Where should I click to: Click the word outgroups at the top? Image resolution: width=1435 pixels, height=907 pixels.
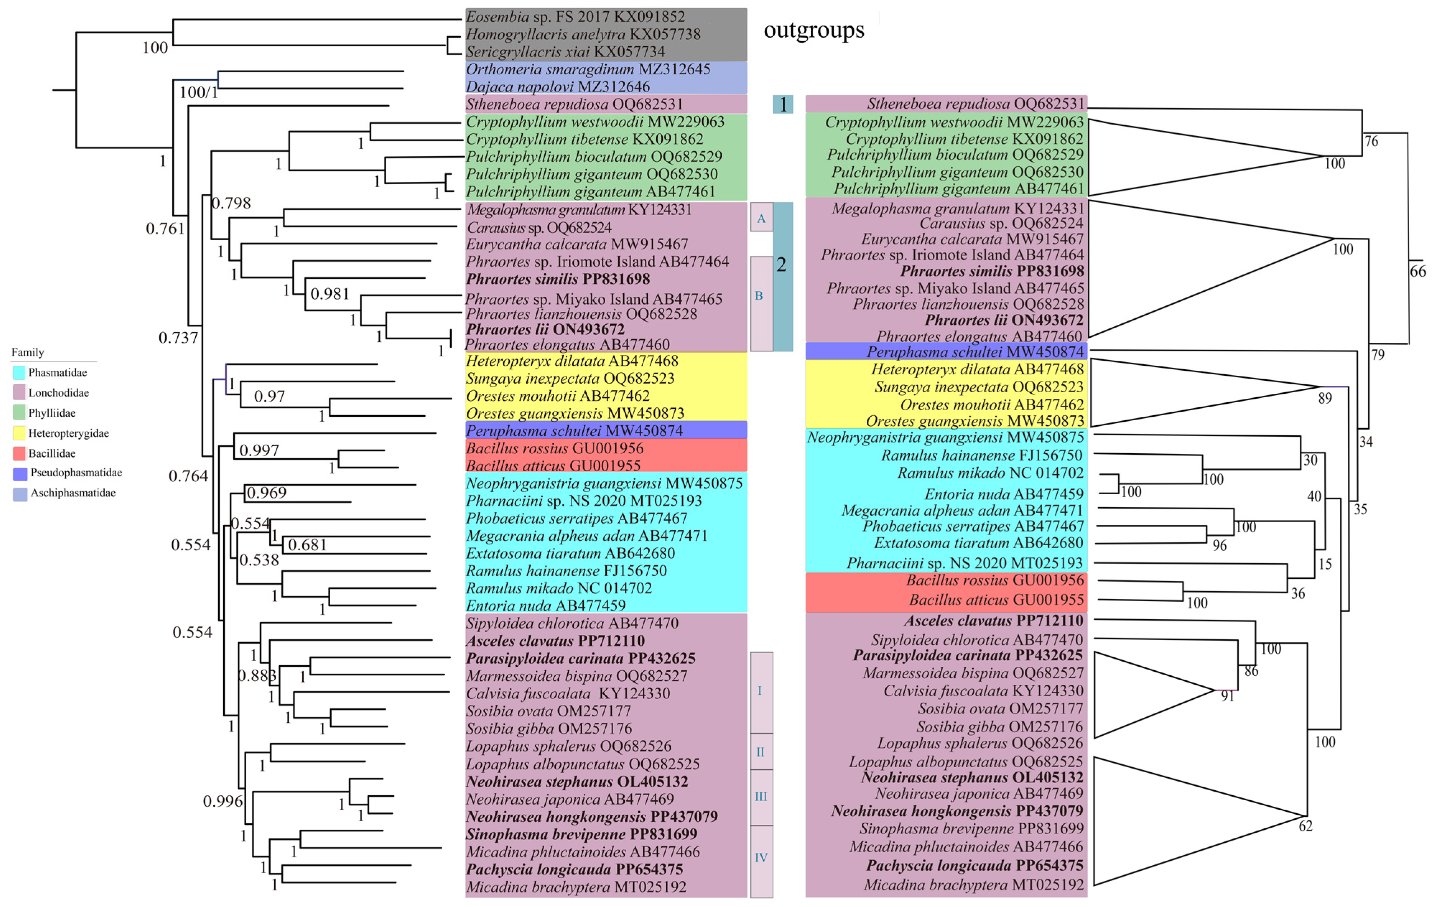[814, 30]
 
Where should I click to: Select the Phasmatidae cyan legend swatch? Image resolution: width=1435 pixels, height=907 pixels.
[19, 373]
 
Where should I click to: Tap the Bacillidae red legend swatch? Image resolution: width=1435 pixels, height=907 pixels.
[19, 453]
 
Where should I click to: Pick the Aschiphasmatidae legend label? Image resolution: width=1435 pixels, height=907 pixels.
[73, 492]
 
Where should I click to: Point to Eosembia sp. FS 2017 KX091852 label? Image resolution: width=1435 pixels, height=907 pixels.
[575, 17]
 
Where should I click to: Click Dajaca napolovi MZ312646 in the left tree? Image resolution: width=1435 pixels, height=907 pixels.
[557, 87]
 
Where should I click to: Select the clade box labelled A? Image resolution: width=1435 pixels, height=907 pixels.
[761, 218]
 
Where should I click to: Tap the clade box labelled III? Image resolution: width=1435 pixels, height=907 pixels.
[761, 797]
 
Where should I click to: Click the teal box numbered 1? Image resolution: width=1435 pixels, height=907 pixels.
[782, 105]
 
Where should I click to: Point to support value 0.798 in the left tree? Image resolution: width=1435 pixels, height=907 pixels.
[232, 203]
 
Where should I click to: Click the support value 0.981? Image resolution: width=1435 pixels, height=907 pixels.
[330, 293]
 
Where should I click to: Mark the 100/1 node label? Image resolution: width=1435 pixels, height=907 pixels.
[199, 92]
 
